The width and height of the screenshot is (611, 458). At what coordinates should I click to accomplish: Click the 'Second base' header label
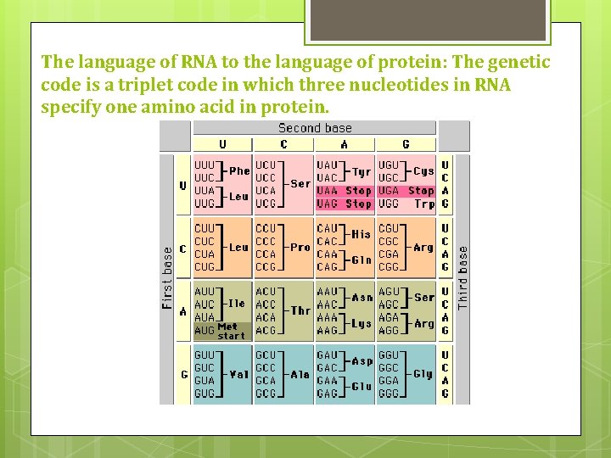315,128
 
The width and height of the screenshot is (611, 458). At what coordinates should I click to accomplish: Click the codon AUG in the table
205,331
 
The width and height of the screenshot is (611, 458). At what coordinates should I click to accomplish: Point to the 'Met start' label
230,331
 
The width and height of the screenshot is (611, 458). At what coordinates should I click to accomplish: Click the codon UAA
328,191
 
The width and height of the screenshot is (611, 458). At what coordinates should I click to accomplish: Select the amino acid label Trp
423,204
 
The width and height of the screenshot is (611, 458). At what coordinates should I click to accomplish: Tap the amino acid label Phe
239,170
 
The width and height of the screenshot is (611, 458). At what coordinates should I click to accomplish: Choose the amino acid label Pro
300,248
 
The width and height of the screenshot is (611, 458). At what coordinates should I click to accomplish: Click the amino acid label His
362,234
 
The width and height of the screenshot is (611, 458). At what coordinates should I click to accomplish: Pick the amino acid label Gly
423,373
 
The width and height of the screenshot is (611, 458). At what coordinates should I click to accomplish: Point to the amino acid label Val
239,373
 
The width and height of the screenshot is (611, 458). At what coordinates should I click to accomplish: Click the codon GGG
388,394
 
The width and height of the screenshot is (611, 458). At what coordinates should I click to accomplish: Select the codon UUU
205,164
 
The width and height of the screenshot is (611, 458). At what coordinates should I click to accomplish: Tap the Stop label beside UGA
421,191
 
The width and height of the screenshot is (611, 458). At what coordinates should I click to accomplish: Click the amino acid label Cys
423,170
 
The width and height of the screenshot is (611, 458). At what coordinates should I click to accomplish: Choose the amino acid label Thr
300,310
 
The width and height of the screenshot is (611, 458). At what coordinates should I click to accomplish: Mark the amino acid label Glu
362,387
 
